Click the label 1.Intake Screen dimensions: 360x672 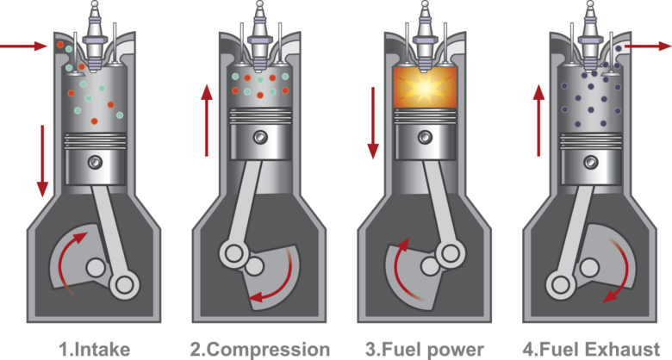[94, 349]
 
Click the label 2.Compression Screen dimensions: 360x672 [259, 349]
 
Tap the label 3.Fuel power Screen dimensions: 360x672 [425, 349]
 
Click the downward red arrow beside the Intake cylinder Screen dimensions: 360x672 [40, 159]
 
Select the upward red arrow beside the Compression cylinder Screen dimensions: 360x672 [206, 120]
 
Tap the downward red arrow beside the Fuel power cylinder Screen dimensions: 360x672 [373, 120]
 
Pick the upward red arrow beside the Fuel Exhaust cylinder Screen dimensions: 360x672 [539, 120]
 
